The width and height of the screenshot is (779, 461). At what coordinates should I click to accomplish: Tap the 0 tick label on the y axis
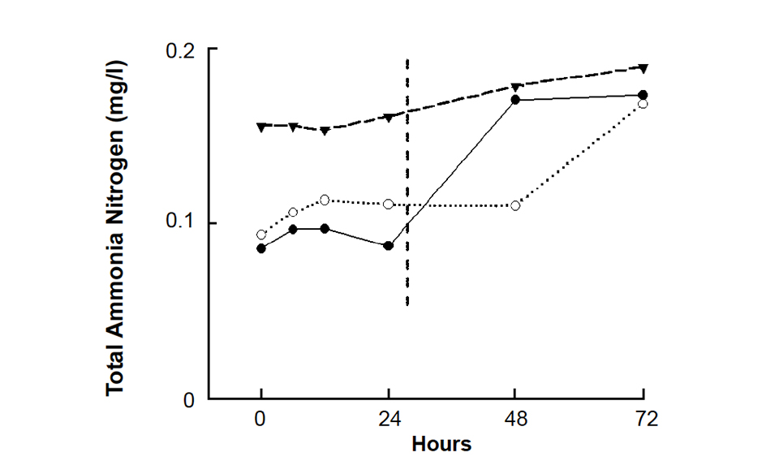coord(188,399)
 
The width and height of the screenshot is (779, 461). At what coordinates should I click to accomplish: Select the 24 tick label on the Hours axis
coord(389,420)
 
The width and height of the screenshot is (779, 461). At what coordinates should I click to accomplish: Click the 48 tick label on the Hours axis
coord(516,420)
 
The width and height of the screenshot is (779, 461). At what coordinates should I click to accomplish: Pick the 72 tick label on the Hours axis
coord(643,420)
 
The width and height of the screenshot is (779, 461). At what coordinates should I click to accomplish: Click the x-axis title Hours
coord(441,444)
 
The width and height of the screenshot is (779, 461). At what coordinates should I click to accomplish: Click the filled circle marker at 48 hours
coord(516,100)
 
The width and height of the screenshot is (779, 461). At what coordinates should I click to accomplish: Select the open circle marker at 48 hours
coord(516,205)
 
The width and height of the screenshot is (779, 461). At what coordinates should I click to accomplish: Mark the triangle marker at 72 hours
coord(643,68)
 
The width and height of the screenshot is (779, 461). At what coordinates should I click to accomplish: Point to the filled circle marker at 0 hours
coord(261,248)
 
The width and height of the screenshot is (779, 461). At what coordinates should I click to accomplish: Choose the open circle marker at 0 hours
coord(261,235)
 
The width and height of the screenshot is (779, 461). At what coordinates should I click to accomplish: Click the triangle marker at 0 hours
coord(261,127)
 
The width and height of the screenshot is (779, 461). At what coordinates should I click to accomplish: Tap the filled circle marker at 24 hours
coord(389,246)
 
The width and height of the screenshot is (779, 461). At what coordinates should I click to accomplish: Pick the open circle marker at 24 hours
coord(389,205)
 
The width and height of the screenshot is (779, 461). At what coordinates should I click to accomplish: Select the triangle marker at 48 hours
coord(516,87)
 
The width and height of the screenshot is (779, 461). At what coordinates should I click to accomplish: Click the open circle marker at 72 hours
coord(643,104)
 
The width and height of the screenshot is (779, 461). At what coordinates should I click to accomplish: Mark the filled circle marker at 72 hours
coord(643,95)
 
